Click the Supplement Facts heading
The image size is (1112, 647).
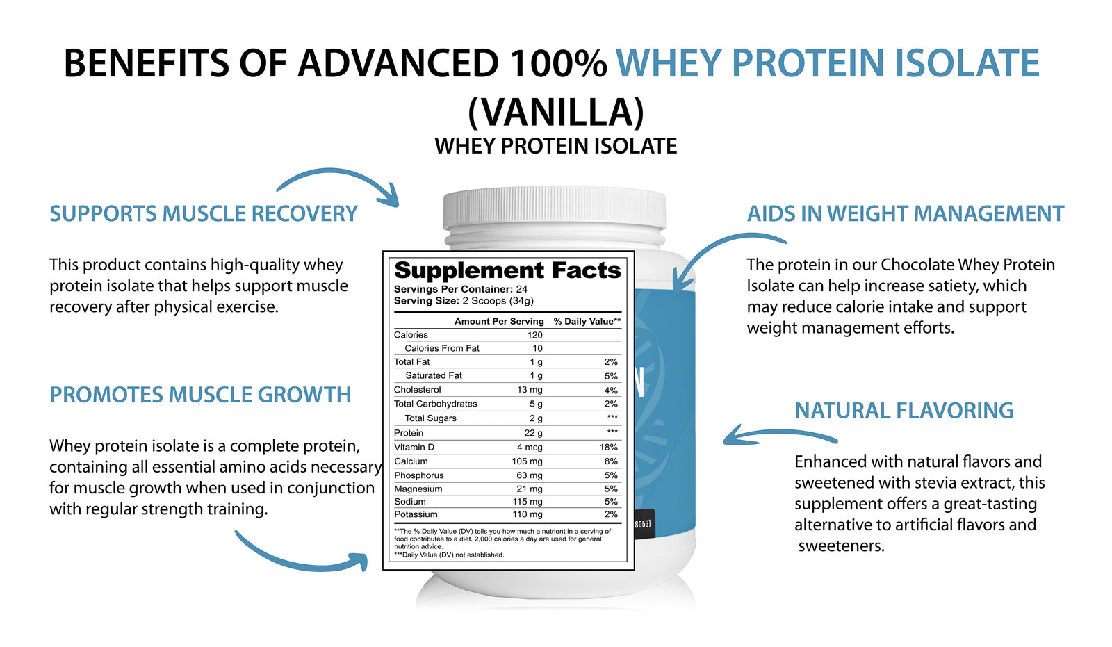point(507,270)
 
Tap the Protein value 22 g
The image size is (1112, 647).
point(533,433)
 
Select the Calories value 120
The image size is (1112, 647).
point(534,335)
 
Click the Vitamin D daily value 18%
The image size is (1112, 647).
point(608,447)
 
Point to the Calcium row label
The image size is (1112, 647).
point(411,461)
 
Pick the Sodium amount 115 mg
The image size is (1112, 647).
point(528,502)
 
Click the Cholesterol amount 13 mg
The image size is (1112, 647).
point(530,390)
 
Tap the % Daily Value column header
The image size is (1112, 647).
point(587,321)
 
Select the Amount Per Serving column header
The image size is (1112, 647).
point(499,321)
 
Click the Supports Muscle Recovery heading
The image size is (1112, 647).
point(204,213)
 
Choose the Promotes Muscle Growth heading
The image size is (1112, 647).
point(200,395)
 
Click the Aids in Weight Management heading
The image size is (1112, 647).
point(906,213)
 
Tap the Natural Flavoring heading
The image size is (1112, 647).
point(904,411)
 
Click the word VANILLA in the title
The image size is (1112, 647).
point(556,112)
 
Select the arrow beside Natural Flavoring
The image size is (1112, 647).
point(779,434)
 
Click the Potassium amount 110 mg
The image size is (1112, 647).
point(528,514)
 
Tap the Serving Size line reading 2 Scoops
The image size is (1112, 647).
point(464,301)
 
